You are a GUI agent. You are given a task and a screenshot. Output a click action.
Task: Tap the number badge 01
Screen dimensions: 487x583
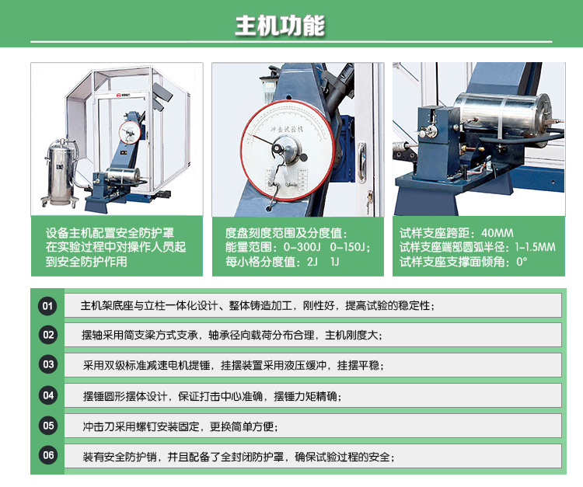[x=48, y=305]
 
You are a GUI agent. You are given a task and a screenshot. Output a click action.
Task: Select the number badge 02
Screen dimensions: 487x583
[x=48, y=336]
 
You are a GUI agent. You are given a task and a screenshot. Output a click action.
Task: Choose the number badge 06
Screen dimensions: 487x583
[x=48, y=455]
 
